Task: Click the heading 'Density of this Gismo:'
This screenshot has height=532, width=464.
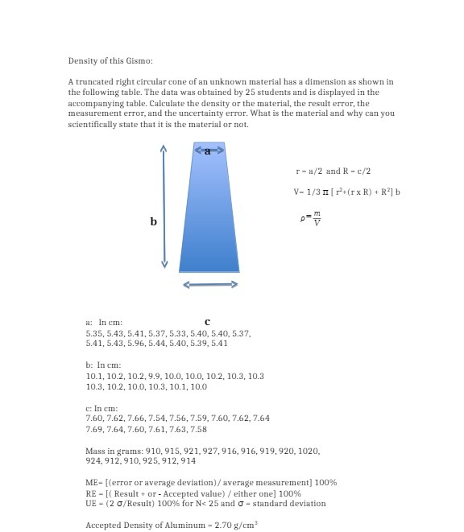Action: coord(110,61)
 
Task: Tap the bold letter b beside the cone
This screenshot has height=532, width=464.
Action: coord(153,221)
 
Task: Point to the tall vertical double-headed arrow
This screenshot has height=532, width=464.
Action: coord(164,207)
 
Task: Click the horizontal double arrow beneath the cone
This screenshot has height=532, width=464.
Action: coord(211,284)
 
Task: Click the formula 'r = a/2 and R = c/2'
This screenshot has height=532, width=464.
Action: coord(333,171)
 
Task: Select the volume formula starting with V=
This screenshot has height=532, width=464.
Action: coord(346,192)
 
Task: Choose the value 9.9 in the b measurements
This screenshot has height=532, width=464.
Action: coord(151,376)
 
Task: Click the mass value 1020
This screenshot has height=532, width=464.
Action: coord(309,452)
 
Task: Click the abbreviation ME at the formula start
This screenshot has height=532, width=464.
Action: coord(92,483)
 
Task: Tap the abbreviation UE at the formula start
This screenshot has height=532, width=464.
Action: coord(91,504)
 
